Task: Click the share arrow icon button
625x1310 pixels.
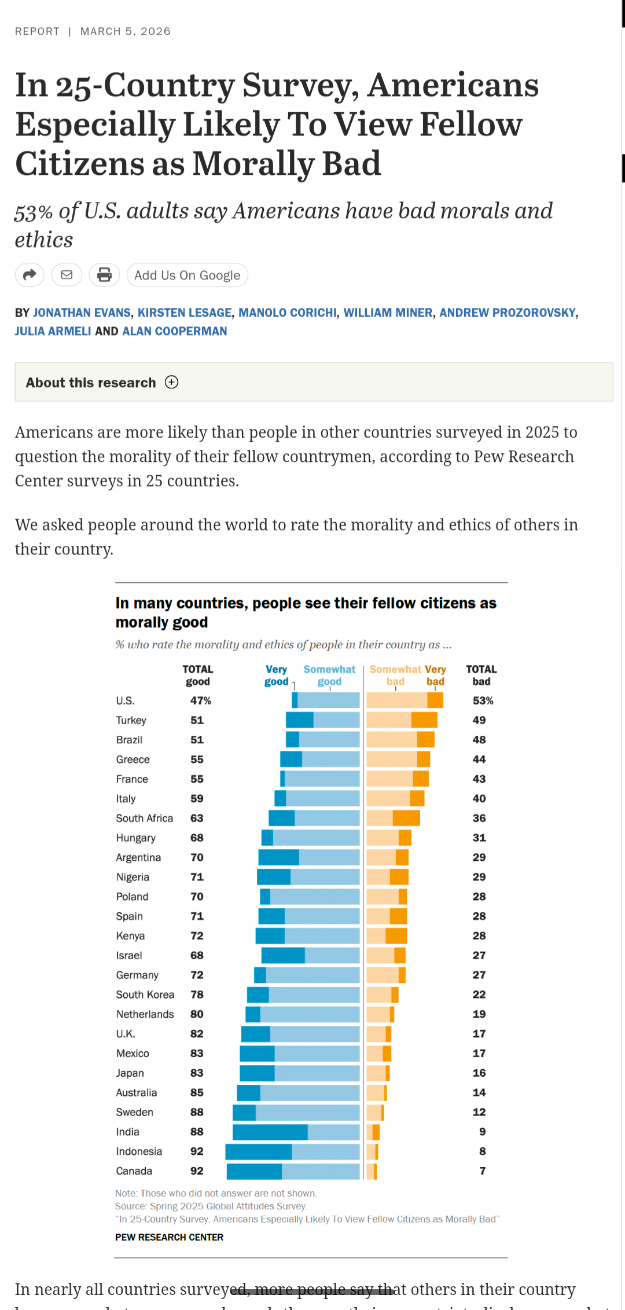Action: coord(30,275)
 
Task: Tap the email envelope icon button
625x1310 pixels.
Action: coord(67,275)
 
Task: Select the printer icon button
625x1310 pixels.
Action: coord(104,275)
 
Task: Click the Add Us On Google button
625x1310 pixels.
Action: coord(187,276)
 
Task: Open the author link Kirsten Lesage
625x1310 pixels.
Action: coord(185,313)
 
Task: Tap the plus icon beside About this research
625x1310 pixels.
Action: coord(171,382)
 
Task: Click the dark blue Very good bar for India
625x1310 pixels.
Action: coord(270,1132)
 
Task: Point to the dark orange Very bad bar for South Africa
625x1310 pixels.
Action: coord(406,818)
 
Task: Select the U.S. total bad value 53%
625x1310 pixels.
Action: coord(483,700)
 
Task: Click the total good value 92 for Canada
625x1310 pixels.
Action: coord(197,1171)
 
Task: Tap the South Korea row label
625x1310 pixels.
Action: coord(145,995)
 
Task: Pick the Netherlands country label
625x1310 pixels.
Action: coord(145,1014)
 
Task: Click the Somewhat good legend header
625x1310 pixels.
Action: coord(329,675)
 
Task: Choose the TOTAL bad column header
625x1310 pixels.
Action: coord(481,675)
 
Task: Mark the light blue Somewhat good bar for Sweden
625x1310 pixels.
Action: coord(307,1112)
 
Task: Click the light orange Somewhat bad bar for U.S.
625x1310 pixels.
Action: coord(397,700)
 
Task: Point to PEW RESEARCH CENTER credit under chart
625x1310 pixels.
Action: coord(169,1237)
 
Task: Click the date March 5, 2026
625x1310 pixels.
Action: coord(125,31)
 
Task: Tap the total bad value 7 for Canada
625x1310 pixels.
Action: coord(482,1171)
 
